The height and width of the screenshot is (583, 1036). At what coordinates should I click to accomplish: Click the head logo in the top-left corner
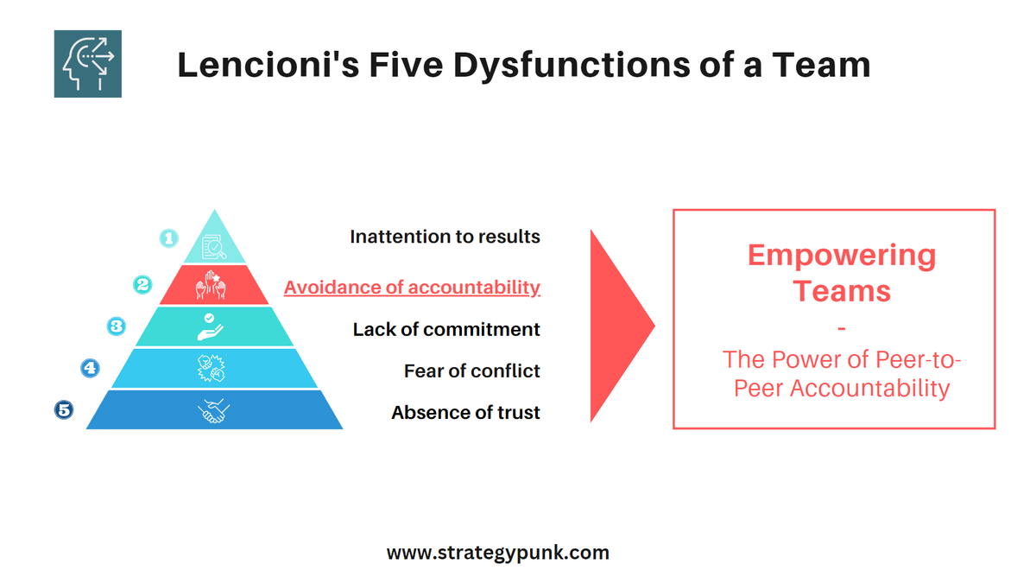point(87,64)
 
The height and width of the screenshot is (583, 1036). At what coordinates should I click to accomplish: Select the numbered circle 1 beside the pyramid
point(169,238)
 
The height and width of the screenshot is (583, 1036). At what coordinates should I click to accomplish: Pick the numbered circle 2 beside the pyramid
point(142,283)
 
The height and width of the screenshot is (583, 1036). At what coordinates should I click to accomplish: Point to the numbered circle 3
point(116,326)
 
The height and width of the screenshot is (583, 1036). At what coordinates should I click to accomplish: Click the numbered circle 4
point(90,368)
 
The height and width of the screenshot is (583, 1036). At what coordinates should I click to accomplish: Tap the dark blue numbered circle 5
point(64,409)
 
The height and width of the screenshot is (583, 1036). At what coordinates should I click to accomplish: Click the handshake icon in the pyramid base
point(213,410)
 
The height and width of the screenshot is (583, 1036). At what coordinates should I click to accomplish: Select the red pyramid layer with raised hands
point(213,285)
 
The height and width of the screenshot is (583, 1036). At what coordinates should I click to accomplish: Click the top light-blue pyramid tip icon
point(213,246)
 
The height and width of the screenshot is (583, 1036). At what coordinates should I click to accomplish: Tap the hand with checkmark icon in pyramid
point(212,326)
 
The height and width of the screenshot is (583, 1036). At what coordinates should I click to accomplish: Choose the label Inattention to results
point(445,237)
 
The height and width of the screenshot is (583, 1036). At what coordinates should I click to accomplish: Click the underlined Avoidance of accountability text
point(412,288)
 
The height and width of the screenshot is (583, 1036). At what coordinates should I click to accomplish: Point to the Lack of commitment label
point(446,329)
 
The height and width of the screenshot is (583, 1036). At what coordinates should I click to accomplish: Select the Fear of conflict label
point(471,371)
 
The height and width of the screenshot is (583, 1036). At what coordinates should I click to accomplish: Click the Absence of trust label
point(465,413)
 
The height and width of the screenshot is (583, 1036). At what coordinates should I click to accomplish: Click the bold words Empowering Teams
point(841,272)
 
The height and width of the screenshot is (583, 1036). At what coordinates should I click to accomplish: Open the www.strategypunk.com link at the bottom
point(497,553)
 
